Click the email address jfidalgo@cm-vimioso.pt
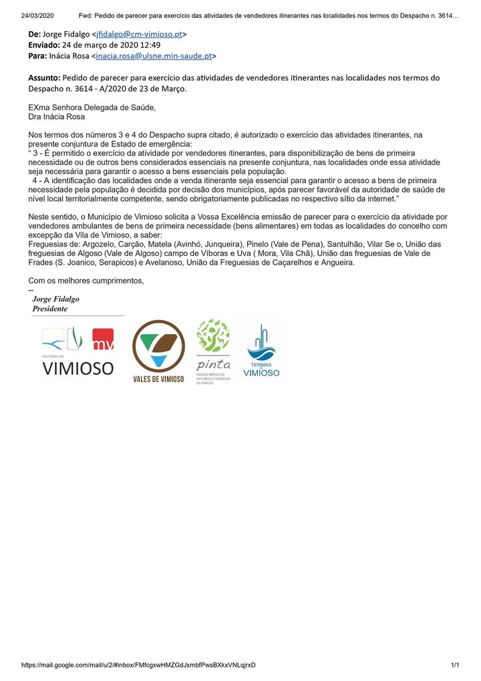141,34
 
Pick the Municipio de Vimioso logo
77,352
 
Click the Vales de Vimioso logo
158,352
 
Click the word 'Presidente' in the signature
50,309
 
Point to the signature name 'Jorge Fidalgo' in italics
55,299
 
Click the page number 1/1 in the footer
455,665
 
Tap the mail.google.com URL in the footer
138,665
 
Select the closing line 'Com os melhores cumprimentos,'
86,281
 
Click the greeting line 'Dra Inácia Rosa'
57,116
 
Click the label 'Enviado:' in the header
43,45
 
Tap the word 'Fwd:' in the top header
87,15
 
